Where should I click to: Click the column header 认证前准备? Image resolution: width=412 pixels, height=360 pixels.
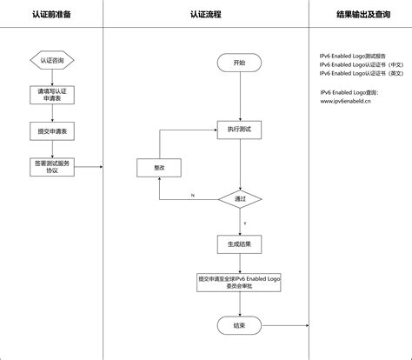[x=51, y=15]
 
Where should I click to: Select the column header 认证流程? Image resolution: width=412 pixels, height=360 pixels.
[x=205, y=15]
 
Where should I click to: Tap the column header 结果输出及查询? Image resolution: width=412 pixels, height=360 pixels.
[x=359, y=15]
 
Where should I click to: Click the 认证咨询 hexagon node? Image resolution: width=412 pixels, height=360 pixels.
[x=51, y=61]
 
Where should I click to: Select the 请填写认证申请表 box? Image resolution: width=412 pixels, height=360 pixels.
[x=51, y=94]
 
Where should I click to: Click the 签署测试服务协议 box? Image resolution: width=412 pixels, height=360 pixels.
[x=51, y=166]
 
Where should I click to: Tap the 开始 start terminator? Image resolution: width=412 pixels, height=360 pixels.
[x=239, y=63]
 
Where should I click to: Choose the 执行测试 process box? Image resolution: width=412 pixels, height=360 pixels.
[x=239, y=129]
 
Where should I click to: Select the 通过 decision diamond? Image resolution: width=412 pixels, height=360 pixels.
[x=239, y=199]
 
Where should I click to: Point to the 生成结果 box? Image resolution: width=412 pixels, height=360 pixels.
[x=239, y=244]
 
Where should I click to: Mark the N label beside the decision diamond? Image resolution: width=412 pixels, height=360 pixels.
[x=192, y=194]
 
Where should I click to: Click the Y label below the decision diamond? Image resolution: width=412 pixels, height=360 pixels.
[x=245, y=223]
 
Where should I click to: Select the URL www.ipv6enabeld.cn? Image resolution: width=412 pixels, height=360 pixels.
[x=345, y=100]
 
